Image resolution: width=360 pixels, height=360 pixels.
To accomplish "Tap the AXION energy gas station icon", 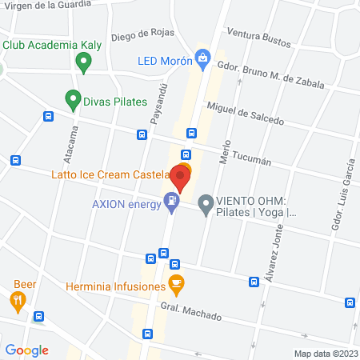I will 171,202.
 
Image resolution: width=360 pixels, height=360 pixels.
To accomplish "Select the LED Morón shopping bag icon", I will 205,58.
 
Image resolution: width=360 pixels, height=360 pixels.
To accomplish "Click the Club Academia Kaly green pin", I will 82,61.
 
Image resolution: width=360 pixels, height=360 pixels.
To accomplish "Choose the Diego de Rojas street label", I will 142,34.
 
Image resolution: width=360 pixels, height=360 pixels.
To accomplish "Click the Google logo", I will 26,350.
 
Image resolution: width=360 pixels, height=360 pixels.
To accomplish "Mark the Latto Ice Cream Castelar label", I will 110,174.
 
